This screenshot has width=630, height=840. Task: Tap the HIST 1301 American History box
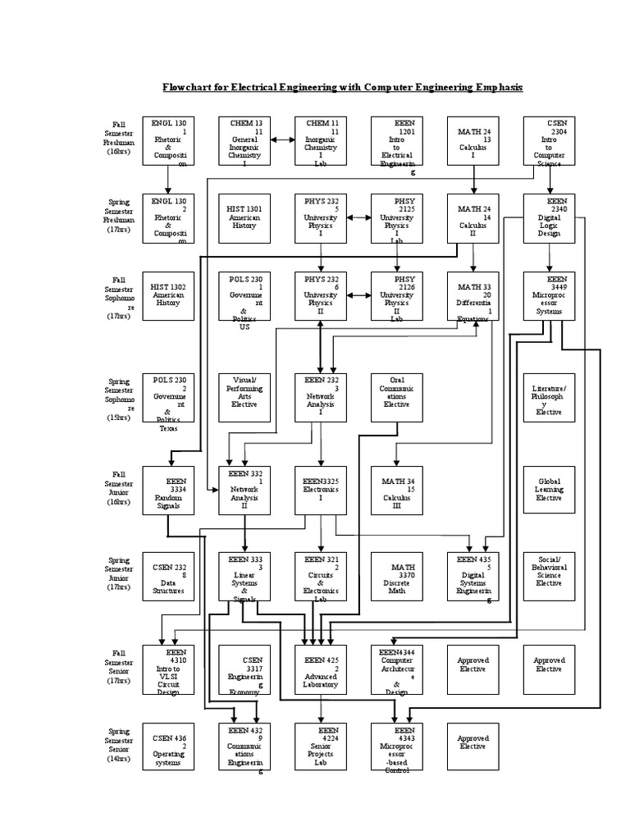point(244,217)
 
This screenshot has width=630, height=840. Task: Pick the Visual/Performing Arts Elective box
point(244,397)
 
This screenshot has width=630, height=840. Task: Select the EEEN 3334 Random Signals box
point(168,491)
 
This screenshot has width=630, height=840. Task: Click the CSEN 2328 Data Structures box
point(168,577)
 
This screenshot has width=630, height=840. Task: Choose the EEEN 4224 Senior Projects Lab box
point(321,746)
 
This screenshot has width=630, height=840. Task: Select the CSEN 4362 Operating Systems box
point(168,746)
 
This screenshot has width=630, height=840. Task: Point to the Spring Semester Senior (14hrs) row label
point(123,746)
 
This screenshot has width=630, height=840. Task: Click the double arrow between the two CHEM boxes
point(282,140)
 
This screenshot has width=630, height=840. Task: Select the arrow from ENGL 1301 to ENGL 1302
point(168,179)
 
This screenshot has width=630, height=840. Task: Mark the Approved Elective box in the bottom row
point(472,746)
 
